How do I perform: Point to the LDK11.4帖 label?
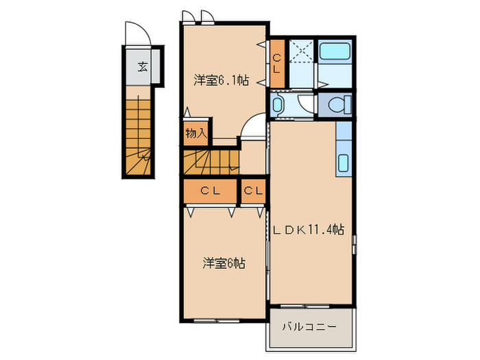click(x=309, y=231)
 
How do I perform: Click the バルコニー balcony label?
click(x=310, y=327)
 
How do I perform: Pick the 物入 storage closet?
click(x=196, y=132)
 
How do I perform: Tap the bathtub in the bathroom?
click(x=335, y=52)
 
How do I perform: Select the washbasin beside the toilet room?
click(x=278, y=105)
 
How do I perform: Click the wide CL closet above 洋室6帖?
click(x=210, y=191)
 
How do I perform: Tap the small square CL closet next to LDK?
click(x=252, y=191)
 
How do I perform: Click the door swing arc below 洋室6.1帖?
click(x=254, y=128)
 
